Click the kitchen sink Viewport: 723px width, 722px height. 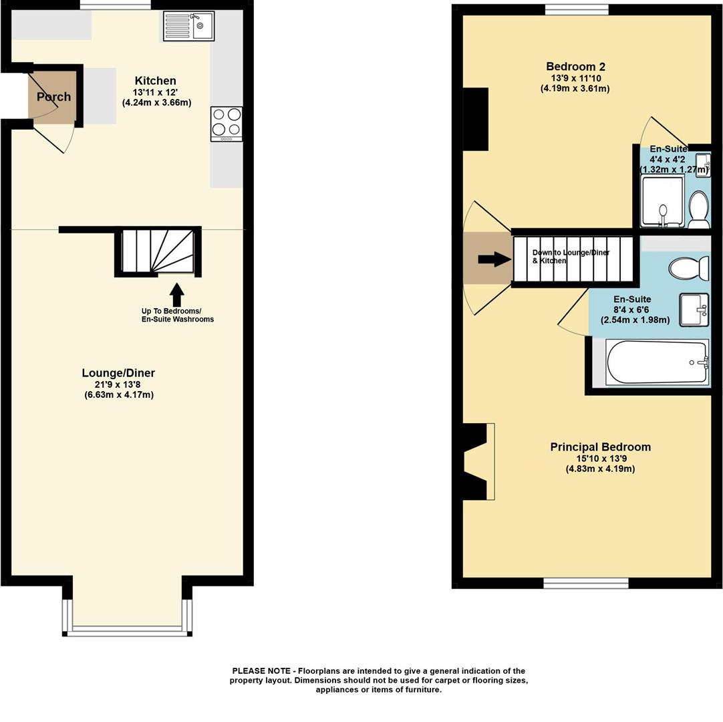click(x=188, y=26)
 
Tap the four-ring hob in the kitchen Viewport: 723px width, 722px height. click(x=227, y=124)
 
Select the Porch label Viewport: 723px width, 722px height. click(x=54, y=97)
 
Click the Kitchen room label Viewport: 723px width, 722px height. click(x=156, y=81)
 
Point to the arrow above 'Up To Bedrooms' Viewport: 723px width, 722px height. click(x=176, y=295)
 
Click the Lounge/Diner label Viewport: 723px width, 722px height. click(x=118, y=373)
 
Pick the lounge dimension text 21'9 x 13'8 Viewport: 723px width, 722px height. click(x=118, y=384)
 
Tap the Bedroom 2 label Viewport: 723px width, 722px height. click(x=575, y=67)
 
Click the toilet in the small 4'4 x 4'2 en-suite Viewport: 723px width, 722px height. click(x=698, y=210)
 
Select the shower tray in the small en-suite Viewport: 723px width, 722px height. click(x=663, y=203)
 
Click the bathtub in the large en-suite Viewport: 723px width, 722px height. click(x=658, y=362)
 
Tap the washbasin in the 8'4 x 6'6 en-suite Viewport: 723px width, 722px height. click(x=694, y=310)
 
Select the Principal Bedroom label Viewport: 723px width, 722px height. click(x=600, y=447)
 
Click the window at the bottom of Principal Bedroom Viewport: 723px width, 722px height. click(x=585, y=583)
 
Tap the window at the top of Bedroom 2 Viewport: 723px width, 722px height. click(x=577, y=9)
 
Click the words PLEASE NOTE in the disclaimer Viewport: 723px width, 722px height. click(x=261, y=671)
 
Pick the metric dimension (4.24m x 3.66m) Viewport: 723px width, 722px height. click(x=157, y=102)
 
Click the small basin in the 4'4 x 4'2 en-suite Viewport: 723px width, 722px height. click(x=703, y=162)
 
